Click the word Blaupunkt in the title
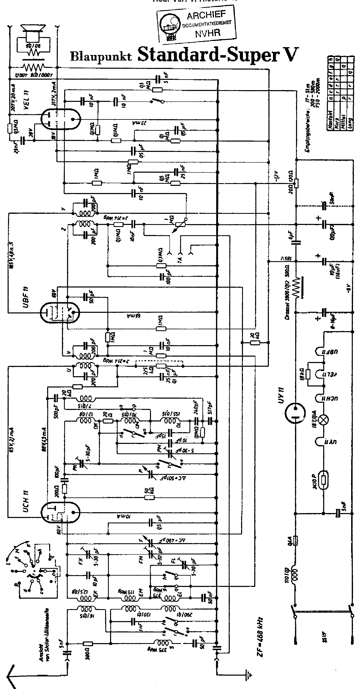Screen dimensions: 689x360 pyautogui.click(x=101, y=56)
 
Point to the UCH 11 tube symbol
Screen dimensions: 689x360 pyautogui.click(x=60, y=512)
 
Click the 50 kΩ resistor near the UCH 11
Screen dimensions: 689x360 pyautogui.click(x=149, y=497)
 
